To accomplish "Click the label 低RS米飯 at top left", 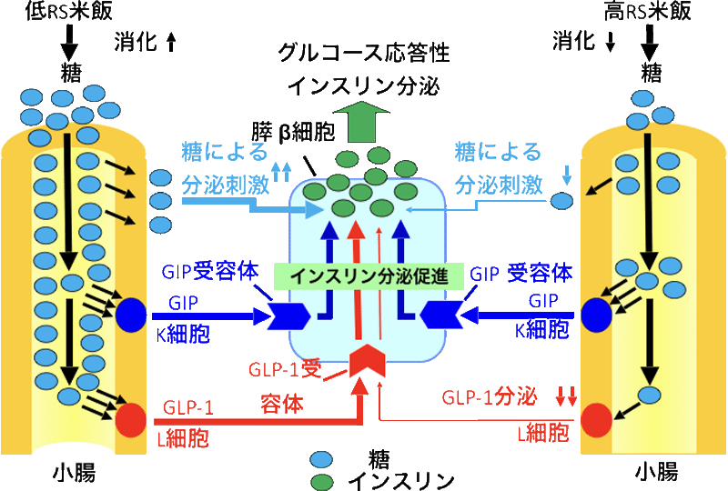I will [68, 12].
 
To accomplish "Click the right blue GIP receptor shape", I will [441, 316].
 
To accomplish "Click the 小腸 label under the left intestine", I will [74, 472].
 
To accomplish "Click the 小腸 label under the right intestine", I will [655, 472].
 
